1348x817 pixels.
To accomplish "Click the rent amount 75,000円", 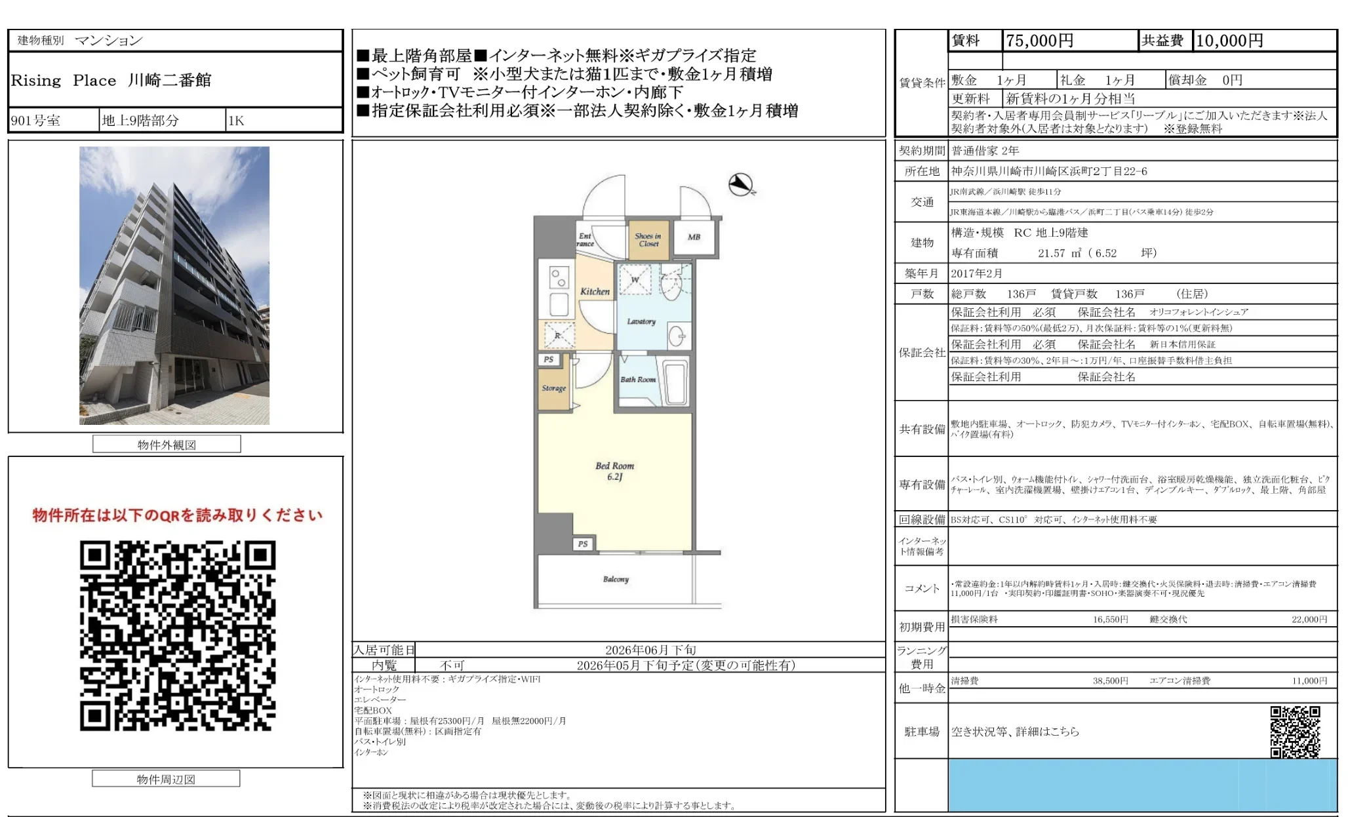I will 1039,41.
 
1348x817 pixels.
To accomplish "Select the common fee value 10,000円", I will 1229,41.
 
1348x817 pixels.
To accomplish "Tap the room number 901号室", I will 36,121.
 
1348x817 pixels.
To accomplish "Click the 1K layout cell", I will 236,121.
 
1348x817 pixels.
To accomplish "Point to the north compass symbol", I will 742,185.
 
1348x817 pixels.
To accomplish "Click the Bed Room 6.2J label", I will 614,471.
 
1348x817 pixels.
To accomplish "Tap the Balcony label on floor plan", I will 616,579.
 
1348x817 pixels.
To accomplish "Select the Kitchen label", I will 595,291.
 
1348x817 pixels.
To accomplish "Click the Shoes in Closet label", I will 648,240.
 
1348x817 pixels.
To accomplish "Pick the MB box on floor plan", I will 694,237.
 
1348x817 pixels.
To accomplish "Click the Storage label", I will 553,388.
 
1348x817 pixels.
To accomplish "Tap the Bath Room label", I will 637,379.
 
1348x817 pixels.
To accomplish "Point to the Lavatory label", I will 641,321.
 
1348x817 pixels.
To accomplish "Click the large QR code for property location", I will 177,635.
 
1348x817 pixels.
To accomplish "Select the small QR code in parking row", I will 1294,732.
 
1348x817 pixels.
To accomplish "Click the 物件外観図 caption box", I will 167,445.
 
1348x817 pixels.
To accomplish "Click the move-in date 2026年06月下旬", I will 650,650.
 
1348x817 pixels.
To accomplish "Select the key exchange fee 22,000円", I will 1309,619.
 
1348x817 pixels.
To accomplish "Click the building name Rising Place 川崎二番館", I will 111,81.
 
